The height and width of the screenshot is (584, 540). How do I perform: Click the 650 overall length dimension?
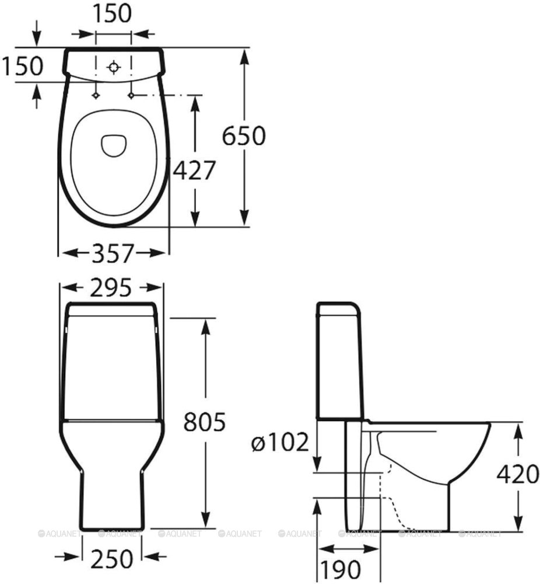coord(244,135)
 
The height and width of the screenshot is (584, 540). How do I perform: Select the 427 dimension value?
coord(195,170)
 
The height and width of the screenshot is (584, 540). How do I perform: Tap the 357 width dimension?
coord(113,253)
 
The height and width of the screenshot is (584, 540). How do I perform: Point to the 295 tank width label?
coord(111,287)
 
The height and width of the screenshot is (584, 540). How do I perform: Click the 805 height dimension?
coord(205,422)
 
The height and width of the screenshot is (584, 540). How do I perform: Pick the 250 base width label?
coord(112,558)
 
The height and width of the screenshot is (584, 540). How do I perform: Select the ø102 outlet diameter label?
coord(280,442)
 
